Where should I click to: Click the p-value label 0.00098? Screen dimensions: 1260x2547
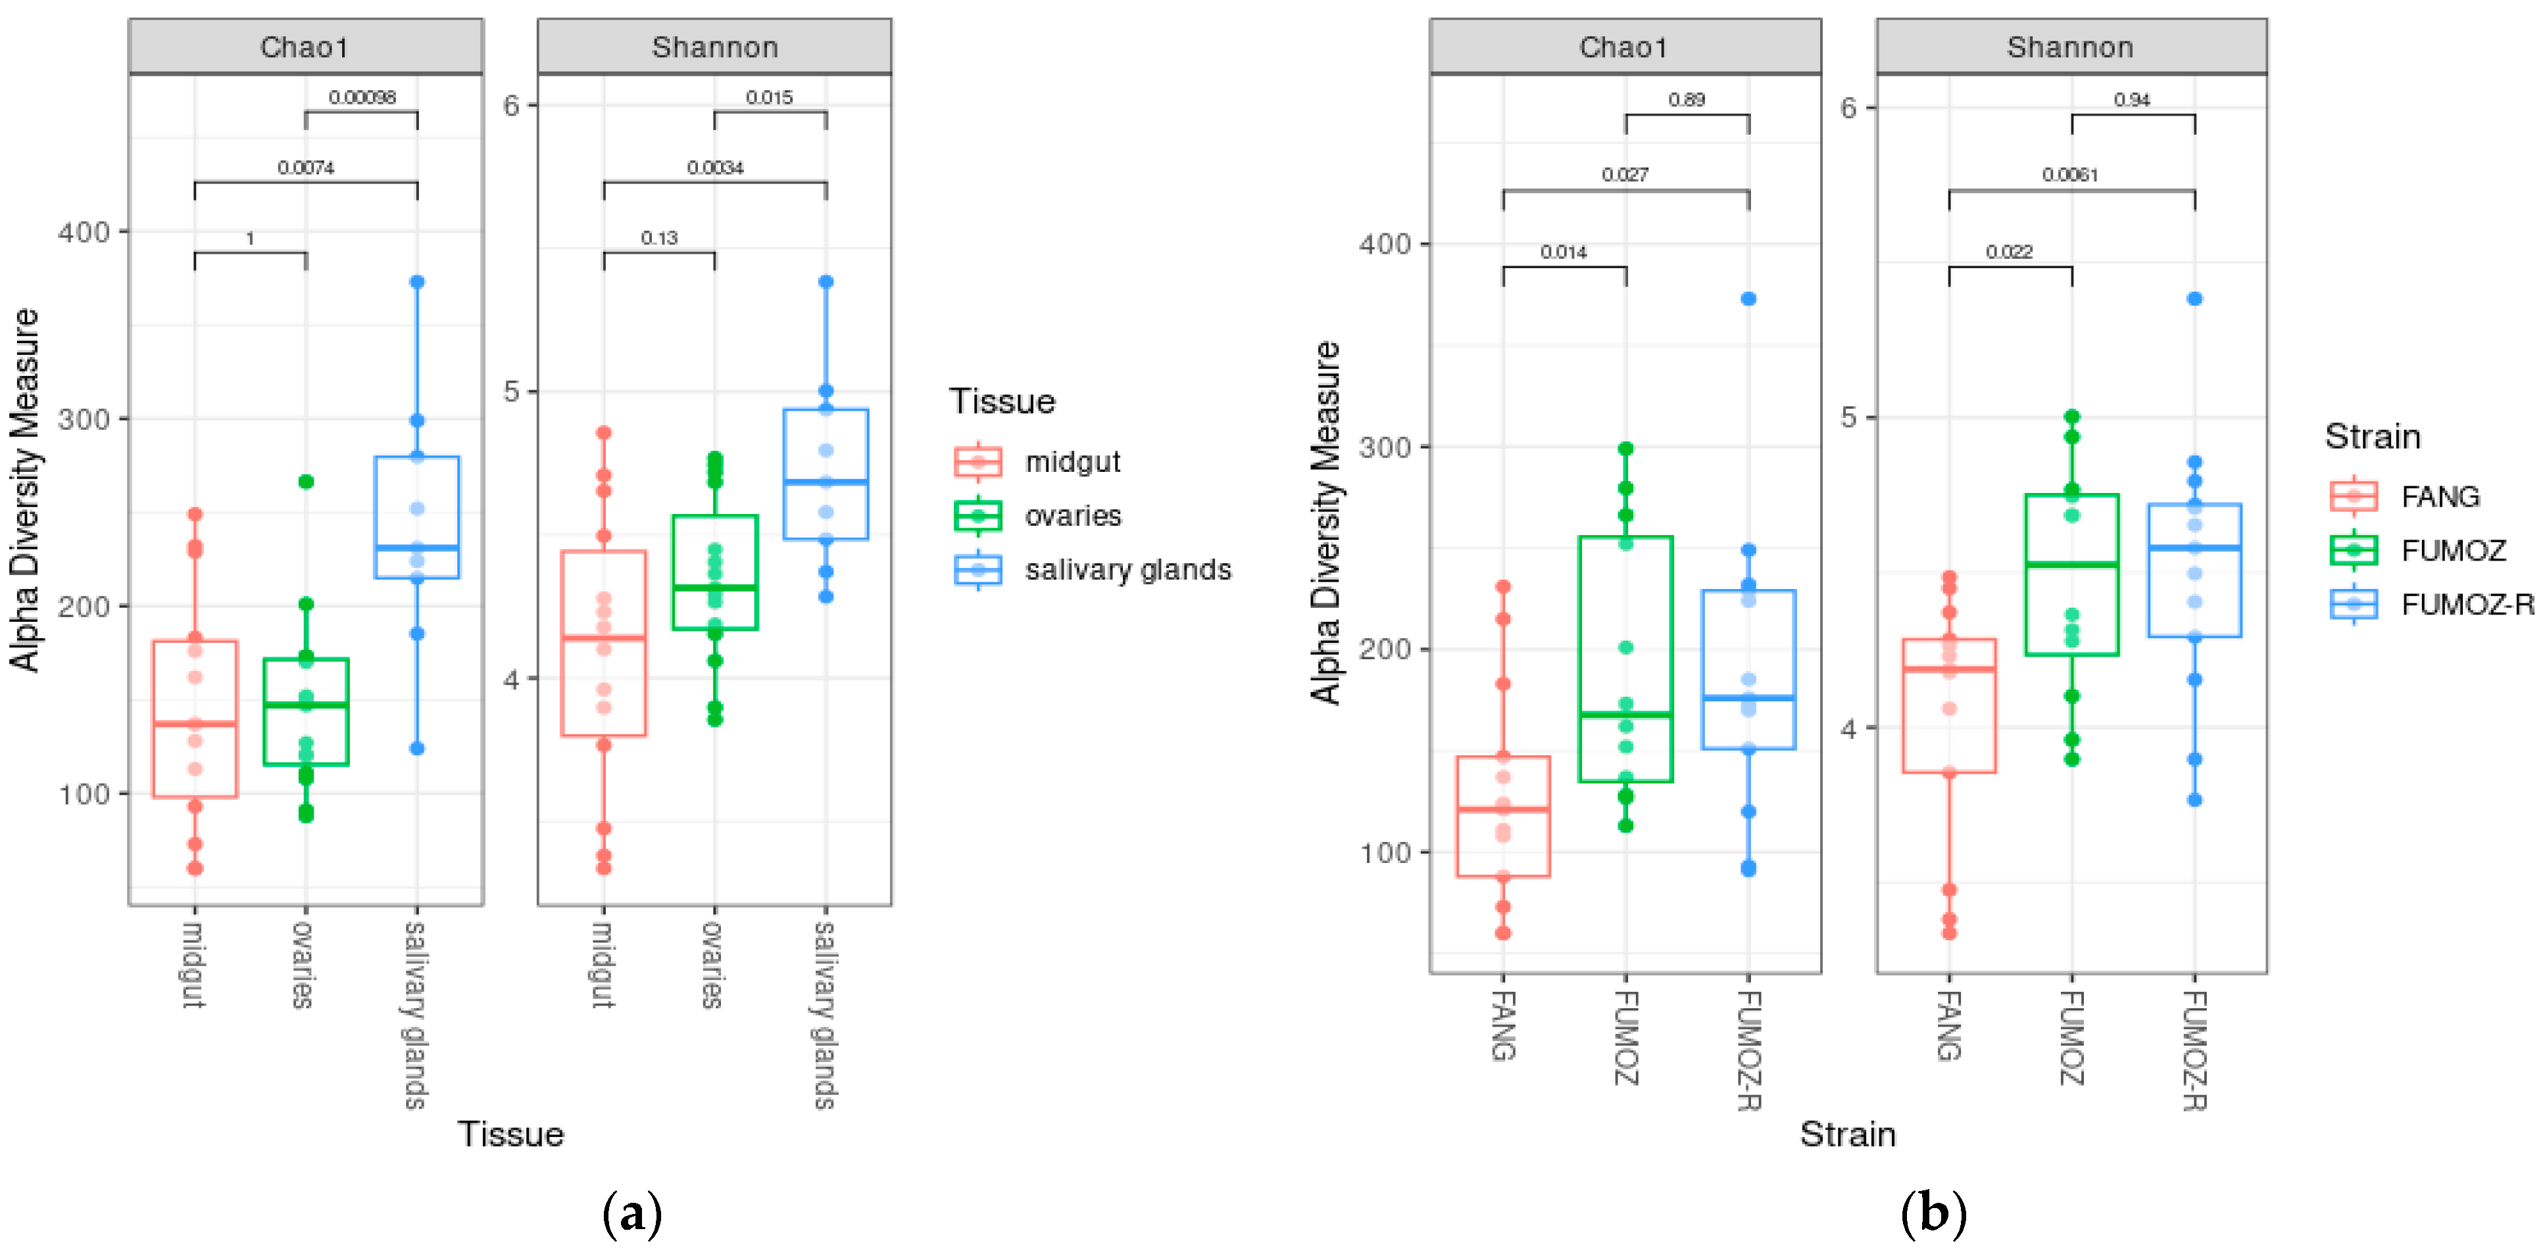point(362,97)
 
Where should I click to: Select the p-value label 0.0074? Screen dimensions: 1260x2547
point(305,168)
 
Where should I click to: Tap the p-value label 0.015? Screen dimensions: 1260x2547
point(769,97)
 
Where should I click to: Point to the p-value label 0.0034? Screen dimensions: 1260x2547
point(715,168)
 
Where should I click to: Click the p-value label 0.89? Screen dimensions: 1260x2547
point(1686,100)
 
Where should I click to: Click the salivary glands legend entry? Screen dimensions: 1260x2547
point(1093,571)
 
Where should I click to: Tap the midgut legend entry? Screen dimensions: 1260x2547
point(1038,461)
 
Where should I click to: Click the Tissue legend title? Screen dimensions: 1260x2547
point(1002,401)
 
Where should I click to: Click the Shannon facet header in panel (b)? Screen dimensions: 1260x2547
point(2071,47)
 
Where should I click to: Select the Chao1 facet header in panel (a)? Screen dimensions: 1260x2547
point(305,47)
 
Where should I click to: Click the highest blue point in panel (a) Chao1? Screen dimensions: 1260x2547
point(417,282)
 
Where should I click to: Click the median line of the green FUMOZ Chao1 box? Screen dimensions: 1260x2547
point(1625,714)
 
